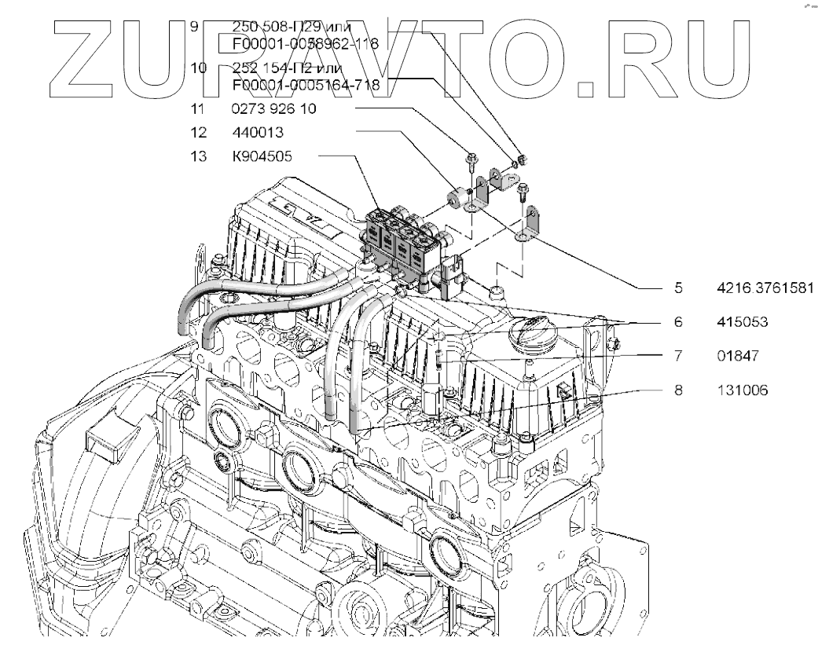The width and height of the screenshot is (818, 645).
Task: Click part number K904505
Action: (x=262, y=156)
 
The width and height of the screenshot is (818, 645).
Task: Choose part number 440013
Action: (x=257, y=132)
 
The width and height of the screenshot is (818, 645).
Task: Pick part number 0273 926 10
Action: (x=274, y=110)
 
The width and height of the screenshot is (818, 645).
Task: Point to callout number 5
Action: (x=677, y=288)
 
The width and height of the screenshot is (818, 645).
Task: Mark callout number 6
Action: (x=677, y=322)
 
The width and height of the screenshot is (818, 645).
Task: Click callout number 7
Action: (x=677, y=356)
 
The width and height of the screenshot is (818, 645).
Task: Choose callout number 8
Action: (x=677, y=389)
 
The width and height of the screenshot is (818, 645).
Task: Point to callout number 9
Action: (x=194, y=25)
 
